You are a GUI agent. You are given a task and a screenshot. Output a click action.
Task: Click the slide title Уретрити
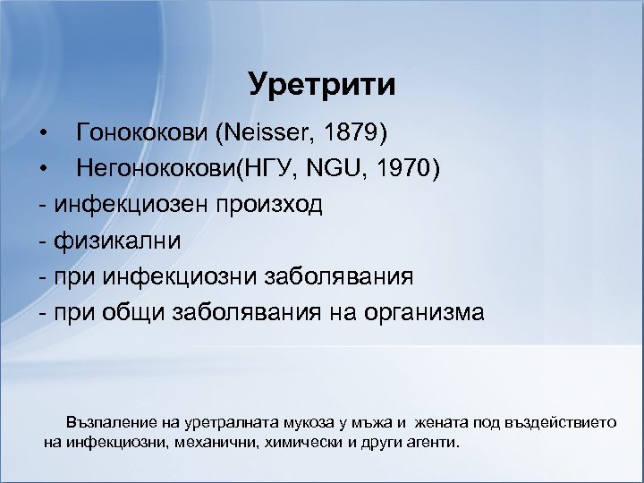coord(322,85)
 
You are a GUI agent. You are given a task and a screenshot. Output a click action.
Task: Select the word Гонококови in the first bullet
coord(143,134)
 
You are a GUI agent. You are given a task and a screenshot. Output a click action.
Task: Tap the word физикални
coord(117,241)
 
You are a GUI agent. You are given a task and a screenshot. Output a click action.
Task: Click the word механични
coord(216,442)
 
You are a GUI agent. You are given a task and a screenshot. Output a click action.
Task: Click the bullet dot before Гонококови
coord(45,135)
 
